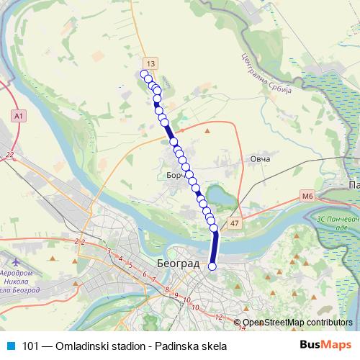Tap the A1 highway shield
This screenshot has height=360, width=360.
(x=18, y=115)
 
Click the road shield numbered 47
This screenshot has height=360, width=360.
(x=235, y=225)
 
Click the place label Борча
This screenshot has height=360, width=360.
(x=176, y=176)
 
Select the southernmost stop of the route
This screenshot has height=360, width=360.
(x=212, y=266)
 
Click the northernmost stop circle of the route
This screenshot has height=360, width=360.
(x=144, y=74)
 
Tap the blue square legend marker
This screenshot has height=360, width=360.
(x=10, y=346)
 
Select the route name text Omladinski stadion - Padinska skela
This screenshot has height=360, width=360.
(x=133, y=346)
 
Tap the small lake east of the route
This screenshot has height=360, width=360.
(x=215, y=193)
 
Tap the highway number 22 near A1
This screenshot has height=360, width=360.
(x=9, y=155)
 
